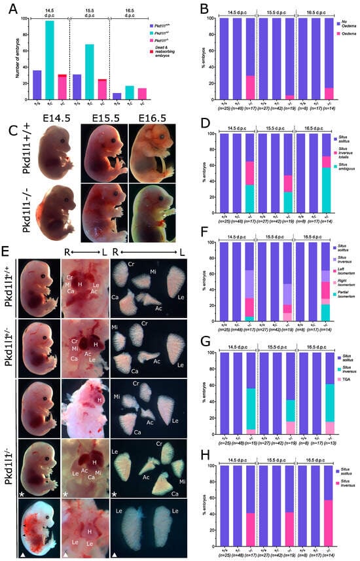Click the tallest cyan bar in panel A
(49, 59)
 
